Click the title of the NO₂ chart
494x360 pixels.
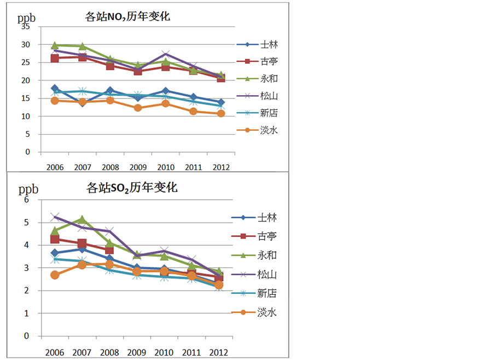click(127, 16)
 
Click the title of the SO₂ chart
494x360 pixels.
click(132, 188)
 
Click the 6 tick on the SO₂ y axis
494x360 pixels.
click(25, 200)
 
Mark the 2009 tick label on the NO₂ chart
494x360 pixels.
click(138, 166)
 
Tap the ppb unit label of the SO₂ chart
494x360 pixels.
click(28, 190)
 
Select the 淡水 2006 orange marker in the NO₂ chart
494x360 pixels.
click(54, 101)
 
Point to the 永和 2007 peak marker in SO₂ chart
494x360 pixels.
click(82, 220)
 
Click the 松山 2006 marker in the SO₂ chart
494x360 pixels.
click(54, 217)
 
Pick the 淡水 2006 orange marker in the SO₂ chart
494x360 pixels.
click(54, 275)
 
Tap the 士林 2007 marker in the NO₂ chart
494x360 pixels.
click(82, 103)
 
